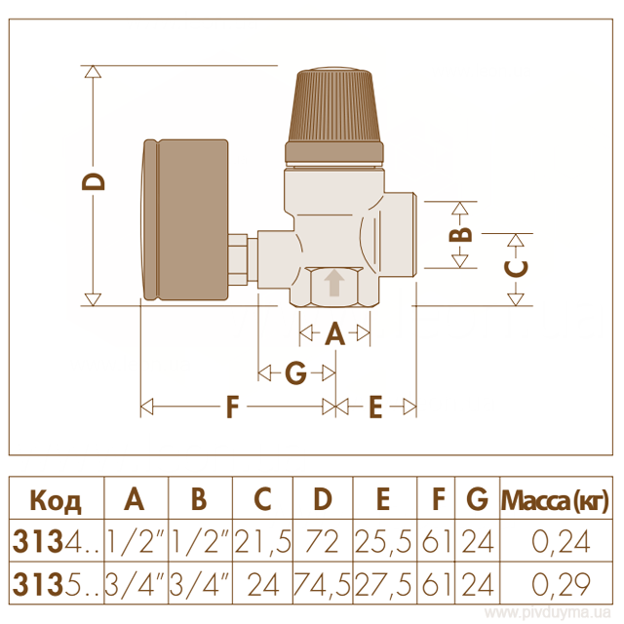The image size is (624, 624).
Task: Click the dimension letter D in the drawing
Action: point(94,182)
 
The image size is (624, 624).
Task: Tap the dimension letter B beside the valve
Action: point(460,235)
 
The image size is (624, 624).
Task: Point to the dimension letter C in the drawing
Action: point(516,269)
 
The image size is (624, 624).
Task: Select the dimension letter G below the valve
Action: point(296,372)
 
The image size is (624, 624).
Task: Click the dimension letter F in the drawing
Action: point(232,407)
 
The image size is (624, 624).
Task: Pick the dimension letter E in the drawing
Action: point(375,407)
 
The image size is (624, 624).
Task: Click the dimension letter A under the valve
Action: point(334,333)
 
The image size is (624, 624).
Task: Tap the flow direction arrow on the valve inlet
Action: point(334,283)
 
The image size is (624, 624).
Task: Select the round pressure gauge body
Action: point(184,219)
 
